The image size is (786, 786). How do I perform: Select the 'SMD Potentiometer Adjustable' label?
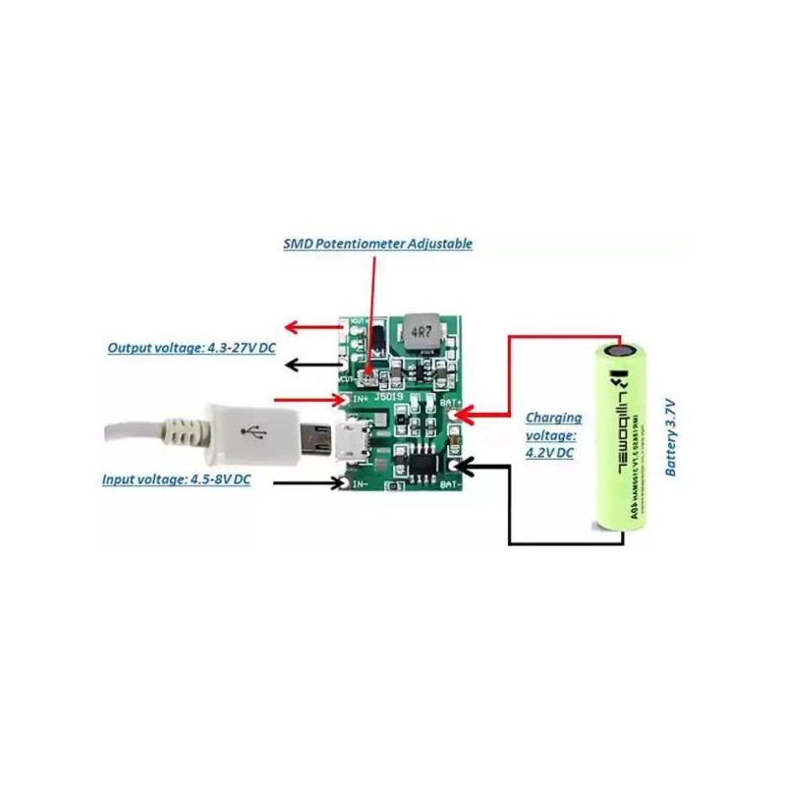(x=377, y=243)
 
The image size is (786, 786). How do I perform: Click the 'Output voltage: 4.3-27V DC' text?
(x=191, y=348)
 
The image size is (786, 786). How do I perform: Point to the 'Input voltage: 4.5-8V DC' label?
(x=176, y=479)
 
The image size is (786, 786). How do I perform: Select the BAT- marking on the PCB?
(x=451, y=484)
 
